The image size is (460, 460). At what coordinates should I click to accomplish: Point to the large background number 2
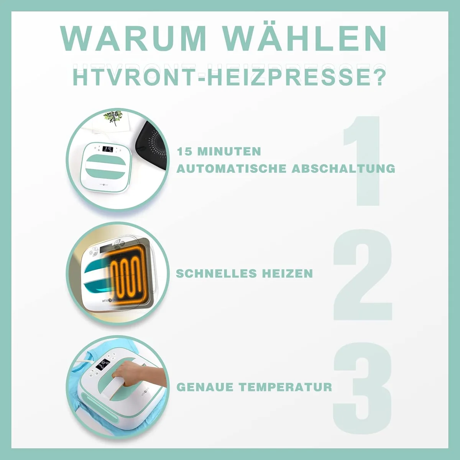coord(363,274)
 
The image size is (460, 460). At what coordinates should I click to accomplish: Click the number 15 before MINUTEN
coord(185,152)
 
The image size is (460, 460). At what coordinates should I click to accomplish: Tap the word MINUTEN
coord(229,152)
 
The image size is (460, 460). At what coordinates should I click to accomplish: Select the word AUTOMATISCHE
coord(231,169)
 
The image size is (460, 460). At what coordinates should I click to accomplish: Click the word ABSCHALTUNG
coord(343,169)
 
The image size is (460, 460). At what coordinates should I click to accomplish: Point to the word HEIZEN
coord(287,274)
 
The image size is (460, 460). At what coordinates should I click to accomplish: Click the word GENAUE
coord(205,387)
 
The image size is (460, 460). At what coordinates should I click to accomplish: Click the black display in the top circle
coord(107,149)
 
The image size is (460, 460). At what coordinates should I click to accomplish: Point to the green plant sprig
coord(113,117)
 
